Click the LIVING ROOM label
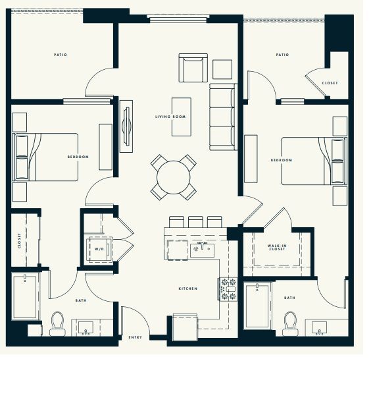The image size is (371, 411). pos(170,117)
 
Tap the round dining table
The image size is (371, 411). pos(173,177)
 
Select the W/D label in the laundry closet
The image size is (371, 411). pos(99,250)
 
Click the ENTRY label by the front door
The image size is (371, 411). pos(135,337)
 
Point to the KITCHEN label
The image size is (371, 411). pos(188,288)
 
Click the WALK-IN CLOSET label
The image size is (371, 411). pos(276,248)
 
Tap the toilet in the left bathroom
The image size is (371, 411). pos(57,322)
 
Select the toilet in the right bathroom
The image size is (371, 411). pos(290,322)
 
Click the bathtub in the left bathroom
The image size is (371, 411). pos(26,296)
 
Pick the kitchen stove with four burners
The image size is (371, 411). pos(228,289)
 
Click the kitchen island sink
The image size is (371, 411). pos(202,249)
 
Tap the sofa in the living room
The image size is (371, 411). pos(222,116)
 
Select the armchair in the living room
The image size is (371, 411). pos(193,68)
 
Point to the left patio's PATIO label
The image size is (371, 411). pos(60,55)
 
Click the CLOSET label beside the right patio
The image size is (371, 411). pos(330,83)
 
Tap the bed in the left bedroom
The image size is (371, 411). pos(45,157)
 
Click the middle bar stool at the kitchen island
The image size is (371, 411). pos(195,221)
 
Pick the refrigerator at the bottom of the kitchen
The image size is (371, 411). pos(185,326)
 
